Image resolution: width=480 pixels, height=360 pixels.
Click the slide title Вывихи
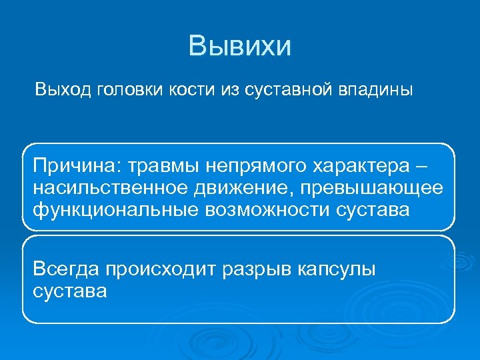(240, 47)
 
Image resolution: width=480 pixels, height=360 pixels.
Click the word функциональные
(113, 209)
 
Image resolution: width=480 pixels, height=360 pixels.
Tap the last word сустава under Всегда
(69, 292)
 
